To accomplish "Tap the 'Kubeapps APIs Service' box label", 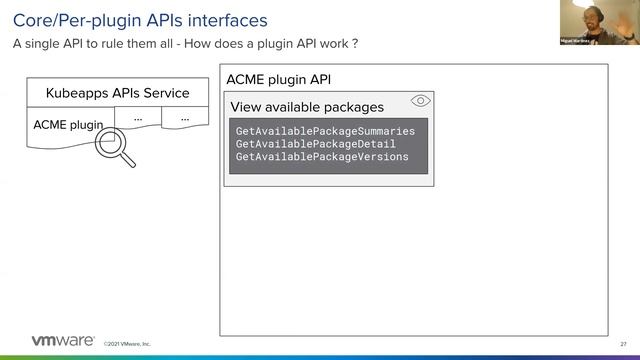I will pos(117,93).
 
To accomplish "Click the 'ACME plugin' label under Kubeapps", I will pos(68,125).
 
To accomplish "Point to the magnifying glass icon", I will pos(112,147).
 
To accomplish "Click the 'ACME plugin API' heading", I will pos(279,79).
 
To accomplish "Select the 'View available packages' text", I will pos(307,107).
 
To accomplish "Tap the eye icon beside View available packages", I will pos(421,101).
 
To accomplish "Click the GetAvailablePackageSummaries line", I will pos(325,131).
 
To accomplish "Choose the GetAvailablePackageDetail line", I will pos(316,144).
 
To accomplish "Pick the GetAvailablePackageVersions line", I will pos(322,157).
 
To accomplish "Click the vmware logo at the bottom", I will pos(63,341).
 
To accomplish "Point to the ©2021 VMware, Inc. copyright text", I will pos(127,344).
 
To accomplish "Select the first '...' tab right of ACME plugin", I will pos(138,118).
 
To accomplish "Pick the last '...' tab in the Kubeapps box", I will pos(185,118).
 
